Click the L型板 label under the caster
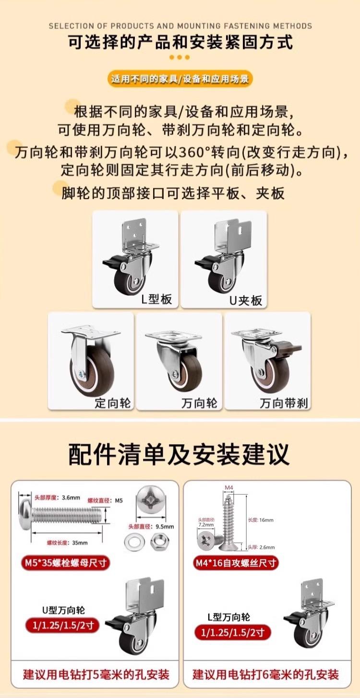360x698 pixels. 156,299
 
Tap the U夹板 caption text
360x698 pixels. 246,300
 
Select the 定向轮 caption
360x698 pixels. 113,403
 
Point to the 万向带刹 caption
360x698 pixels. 284,403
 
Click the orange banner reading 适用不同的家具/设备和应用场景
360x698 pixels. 180,79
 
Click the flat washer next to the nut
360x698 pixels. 134,542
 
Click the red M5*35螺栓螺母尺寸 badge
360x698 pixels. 65,563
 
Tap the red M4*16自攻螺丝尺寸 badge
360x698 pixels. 235,563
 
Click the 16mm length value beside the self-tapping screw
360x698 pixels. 266,520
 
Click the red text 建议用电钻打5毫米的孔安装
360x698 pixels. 96,674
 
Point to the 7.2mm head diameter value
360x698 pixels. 206,524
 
